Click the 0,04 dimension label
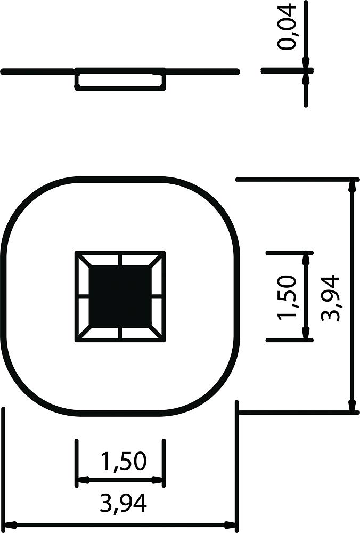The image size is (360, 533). [x=287, y=28]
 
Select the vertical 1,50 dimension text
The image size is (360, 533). [x=287, y=297]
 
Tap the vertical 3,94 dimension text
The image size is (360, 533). [x=330, y=298]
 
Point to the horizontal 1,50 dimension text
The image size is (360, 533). [x=124, y=461]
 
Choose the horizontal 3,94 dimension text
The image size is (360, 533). [x=123, y=503]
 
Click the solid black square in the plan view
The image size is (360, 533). [x=120, y=296]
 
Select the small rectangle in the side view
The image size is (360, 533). [x=120, y=79]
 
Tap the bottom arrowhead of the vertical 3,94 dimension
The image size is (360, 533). [x=353, y=405]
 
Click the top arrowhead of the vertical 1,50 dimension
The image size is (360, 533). [x=306, y=260]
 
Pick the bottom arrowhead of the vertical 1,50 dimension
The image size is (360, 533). [x=306, y=333]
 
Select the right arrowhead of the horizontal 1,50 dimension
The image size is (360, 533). [x=158, y=480]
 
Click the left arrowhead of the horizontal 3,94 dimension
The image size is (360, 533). [x=10, y=525]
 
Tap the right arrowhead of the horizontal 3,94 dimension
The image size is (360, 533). [x=230, y=525]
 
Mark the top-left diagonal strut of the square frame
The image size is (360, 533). [x=84, y=261]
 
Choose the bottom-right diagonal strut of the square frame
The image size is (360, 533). [x=157, y=333]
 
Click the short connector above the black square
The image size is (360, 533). [x=120, y=260]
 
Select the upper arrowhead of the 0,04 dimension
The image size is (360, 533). [x=306, y=63]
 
